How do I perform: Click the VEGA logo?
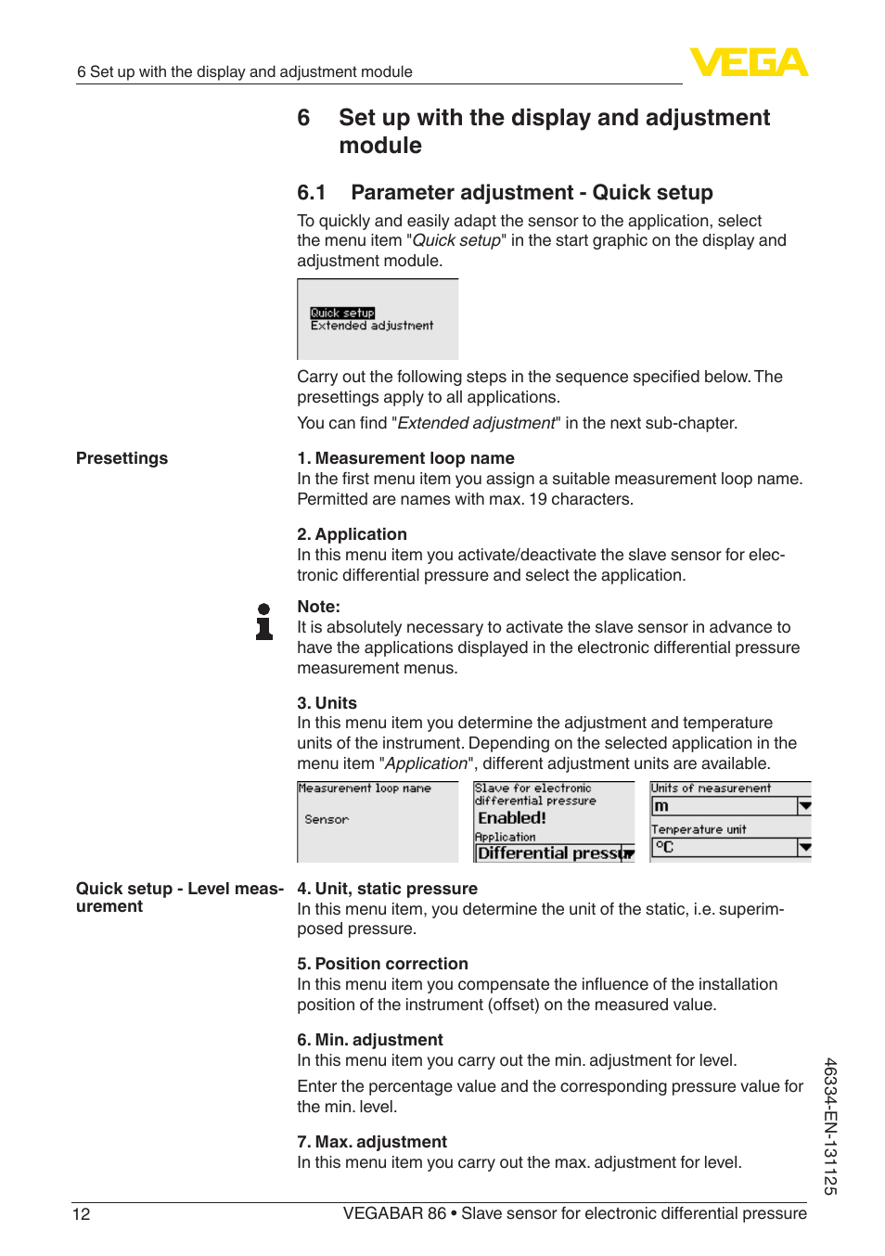(x=749, y=62)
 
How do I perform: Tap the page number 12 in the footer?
(x=82, y=1214)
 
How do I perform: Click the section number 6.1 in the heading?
(x=312, y=193)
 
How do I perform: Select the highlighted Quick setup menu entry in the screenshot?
(x=342, y=313)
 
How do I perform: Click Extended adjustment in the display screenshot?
(x=372, y=326)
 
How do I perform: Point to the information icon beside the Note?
(x=264, y=622)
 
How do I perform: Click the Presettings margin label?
(x=122, y=458)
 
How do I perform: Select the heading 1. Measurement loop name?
(x=405, y=458)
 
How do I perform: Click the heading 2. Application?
(x=352, y=534)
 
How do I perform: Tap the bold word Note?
(x=318, y=607)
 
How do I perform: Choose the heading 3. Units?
(x=327, y=703)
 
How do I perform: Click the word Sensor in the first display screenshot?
(x=327, y=820)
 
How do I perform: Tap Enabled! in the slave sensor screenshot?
(x=512, y=818)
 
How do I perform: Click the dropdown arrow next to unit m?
(x=804, y=806)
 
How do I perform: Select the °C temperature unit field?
(x=724, y=847)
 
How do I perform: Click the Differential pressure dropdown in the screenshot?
(x=554, y=853)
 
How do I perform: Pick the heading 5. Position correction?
(x=382, y=964)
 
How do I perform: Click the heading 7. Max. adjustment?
(x=371, y=1142)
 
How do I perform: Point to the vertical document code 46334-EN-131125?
(x=830, y=1125)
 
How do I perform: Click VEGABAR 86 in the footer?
(x=394, y=1214)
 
